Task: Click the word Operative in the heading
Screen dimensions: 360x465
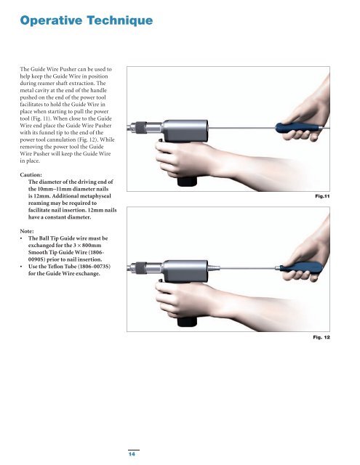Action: tap(51, 21)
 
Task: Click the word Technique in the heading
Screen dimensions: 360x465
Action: tap(120, 21)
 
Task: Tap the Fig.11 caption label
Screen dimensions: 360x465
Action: tap(322, 196)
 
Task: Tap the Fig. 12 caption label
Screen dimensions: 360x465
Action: tap(321, 337)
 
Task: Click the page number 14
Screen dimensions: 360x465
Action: tap(132, 453)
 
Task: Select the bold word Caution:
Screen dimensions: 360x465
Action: tap(31, 174)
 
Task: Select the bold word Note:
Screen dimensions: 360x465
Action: tap(27, 231)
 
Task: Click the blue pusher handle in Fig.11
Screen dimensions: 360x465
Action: tap(297, 128)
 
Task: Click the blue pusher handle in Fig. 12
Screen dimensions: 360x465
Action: tap(301, 267)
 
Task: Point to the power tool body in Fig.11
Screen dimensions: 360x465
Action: tap(185, 131)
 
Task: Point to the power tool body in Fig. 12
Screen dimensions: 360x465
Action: tap(185, 271)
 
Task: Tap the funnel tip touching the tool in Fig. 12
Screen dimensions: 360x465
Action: tap(214, 268)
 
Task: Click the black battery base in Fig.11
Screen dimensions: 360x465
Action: tap(187, 181)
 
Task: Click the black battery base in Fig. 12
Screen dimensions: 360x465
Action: tap(187, 322)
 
